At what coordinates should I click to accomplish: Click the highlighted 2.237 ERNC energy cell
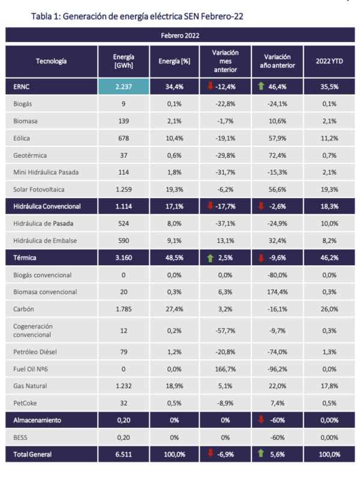tap(124, 86)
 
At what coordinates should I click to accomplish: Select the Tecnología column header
tap(51, 61)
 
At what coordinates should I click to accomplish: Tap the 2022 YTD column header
tap(329, 61)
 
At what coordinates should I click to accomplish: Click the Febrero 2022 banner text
tap(180, 35)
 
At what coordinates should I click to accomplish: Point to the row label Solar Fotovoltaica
tap(38, 190)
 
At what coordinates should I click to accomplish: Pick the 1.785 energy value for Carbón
tap(124, 309)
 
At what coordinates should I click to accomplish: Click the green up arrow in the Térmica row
tap(210, 258)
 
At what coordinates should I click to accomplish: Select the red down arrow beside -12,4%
tap(210, 86)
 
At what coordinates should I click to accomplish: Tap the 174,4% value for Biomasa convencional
tap(277, 292)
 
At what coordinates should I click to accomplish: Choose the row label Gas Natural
tap(30, 386)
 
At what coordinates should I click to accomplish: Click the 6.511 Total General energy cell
tap(124, 454)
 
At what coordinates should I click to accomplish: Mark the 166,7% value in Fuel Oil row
tap(225, 370)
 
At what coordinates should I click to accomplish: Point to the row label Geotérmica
tap(30, 155)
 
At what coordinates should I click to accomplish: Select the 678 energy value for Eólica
tap(124, 139)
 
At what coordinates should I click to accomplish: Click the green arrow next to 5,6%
tap(261, 453)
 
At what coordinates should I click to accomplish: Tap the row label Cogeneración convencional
tap(33, 331)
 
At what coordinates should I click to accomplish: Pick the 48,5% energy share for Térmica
tap(175, 258)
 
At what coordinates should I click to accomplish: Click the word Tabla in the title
tap(41, 16)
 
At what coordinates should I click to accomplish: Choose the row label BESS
tap(20, 437)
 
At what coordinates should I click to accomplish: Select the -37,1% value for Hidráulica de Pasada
tap(225, 224)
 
